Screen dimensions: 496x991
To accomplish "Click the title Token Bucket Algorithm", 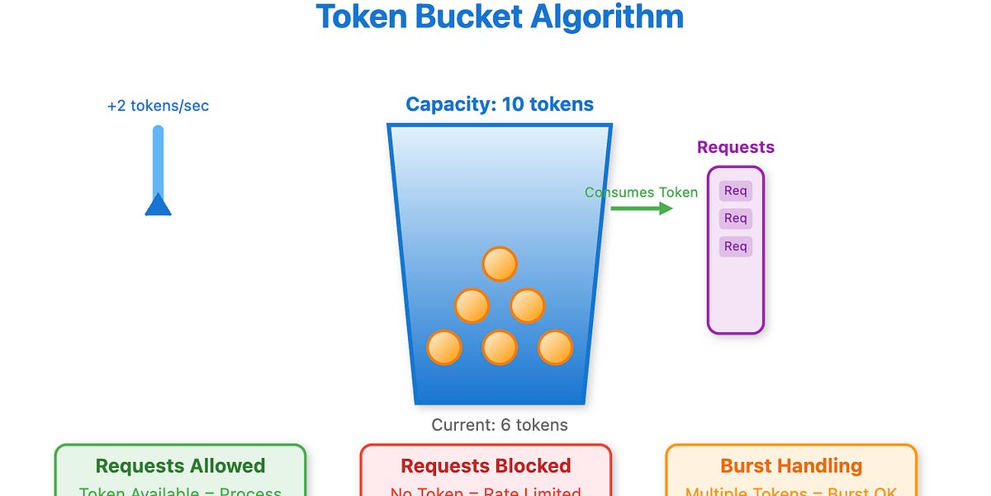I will (x=500, y=17).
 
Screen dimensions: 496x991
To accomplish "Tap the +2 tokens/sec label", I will (x=158, y=106).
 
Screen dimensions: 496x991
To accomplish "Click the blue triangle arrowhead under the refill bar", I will (x=158, y=205).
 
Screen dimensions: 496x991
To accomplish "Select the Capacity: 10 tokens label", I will (x=500, y=105).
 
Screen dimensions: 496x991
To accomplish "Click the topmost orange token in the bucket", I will (x=500, y=265).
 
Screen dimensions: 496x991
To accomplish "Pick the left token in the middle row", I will (x=472, y=306).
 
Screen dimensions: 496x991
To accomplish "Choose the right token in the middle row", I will (x=527, y=306).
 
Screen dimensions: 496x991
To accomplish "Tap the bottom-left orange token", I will (x=444, y=347).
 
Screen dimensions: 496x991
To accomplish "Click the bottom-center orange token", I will (x=500, y=347).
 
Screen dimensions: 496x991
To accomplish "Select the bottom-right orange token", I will (x=555, y=347).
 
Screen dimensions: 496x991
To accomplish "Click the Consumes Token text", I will (x=641, y=193).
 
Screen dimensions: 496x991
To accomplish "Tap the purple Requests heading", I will (x=735, y=147).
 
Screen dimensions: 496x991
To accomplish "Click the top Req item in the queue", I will (x=735, y=191).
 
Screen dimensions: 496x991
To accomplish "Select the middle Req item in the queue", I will (x=735, y=218).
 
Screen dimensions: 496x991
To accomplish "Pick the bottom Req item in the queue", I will (x=735, y=246).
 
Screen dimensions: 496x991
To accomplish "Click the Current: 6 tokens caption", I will (x=500, y=425).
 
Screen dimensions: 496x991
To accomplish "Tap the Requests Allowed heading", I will (x=180, y=466).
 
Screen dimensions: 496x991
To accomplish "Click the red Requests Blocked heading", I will (x=486, y=466).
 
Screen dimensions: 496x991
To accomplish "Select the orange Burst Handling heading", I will (x=791, y=466).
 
